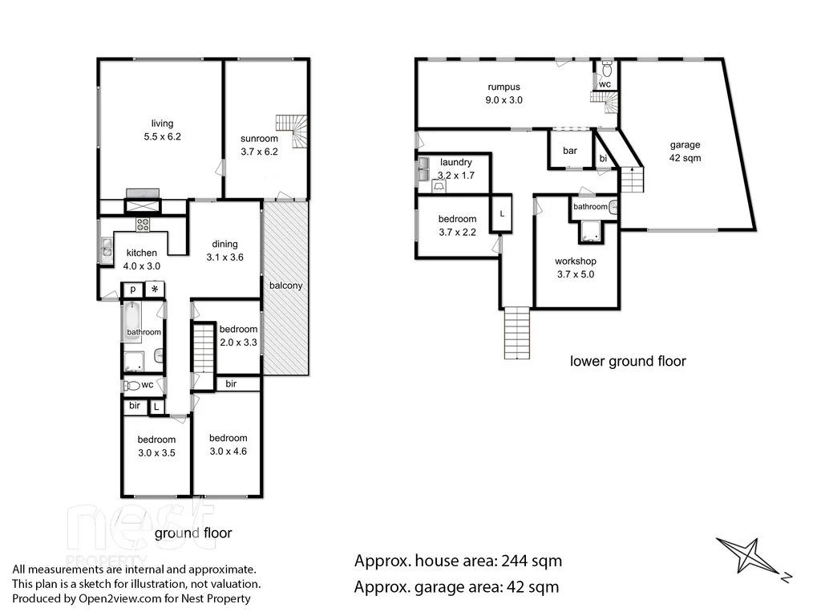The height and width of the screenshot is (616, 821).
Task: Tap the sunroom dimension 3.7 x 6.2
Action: click(259, 152)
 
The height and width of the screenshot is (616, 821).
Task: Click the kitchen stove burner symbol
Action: click(144, 225)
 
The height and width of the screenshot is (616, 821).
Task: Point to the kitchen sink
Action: click(107, 251)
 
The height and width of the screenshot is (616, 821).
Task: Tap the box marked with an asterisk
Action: click(154, 290)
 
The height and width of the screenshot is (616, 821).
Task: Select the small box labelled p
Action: click(131, 290)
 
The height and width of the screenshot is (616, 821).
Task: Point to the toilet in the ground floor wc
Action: click(133, 386)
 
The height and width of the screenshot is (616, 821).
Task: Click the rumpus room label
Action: click(504, 87)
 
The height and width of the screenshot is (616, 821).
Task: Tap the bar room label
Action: click(570, 151)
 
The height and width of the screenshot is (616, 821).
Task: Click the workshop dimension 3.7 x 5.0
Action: click(576, 274)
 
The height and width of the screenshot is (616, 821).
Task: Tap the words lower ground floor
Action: click(628, 361)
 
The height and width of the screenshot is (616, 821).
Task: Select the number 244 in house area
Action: click(513, 561)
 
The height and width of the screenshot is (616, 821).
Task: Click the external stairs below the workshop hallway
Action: click(516, 334)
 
